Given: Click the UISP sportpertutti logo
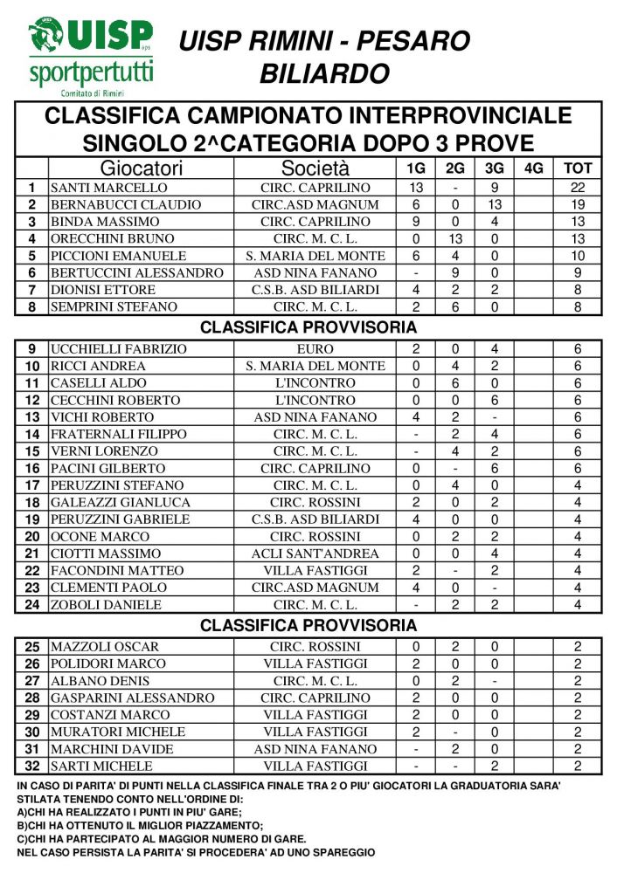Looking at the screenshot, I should point(90,55).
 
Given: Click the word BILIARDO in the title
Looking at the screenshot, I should point(324,73).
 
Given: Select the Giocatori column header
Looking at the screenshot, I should point(141,168).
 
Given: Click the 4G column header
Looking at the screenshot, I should point(533,168).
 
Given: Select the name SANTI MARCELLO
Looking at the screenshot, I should point(108,188).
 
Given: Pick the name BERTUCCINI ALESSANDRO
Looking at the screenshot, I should point(137,272).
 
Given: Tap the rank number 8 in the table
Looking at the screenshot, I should point(32,306).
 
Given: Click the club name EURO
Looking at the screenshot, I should point(315,349).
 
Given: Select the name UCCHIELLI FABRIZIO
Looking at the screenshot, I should point(119,349).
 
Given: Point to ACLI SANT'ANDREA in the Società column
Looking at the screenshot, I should point(315,553).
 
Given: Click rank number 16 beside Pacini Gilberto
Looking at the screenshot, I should point(32,468).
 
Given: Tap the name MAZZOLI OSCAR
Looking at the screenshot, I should point(105,647).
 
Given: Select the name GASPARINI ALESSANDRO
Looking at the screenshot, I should point(132,698).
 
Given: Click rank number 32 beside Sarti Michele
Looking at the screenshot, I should point(32,766).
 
